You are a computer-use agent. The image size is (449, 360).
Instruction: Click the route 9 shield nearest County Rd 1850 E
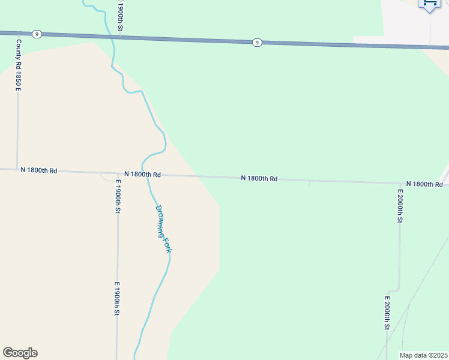point(37,34)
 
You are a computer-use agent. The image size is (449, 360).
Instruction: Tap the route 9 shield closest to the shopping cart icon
point(257,42)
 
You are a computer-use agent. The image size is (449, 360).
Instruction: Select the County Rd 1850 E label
point(19,65)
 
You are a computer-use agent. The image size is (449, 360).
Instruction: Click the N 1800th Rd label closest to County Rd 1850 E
point(38,170)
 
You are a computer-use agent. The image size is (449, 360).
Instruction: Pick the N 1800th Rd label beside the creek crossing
point(143,174)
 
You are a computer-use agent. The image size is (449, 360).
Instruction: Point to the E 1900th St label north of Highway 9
point(120,20)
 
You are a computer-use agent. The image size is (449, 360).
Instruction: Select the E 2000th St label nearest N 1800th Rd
point(400,206)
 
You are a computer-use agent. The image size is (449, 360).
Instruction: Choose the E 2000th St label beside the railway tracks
point(388,313)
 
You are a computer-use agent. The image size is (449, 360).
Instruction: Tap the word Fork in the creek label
point(167,246)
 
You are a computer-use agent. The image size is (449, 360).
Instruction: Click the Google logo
point(20,353)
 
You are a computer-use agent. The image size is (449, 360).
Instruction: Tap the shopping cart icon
point(430,4)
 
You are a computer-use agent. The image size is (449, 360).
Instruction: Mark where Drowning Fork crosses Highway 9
point(112,37)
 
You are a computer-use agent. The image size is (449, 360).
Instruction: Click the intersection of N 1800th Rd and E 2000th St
point(400,183)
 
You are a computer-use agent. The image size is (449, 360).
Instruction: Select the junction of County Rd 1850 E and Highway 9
point(19,34)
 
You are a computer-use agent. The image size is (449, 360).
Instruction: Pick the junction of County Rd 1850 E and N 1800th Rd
point(17,169)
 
